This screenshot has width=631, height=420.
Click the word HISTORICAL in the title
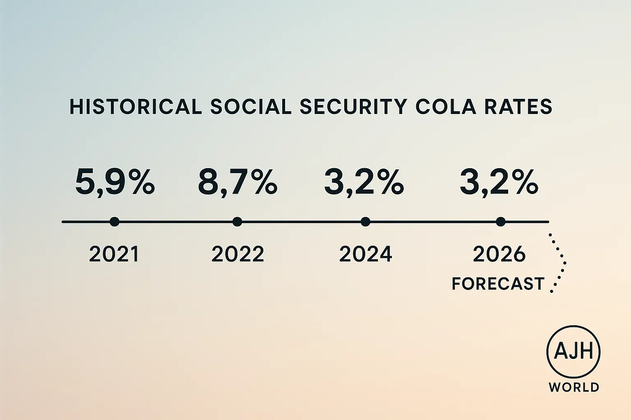136,107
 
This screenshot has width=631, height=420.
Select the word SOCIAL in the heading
251,107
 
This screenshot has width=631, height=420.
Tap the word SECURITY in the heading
353,107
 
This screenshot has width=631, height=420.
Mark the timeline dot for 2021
115,222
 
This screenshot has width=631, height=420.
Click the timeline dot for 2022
237,222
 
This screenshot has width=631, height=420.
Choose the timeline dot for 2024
365,222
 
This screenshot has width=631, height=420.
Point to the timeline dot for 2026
500,222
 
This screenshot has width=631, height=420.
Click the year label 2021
114,254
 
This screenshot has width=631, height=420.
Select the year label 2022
237,254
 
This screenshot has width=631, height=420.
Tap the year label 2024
366,254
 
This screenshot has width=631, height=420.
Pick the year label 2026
499,254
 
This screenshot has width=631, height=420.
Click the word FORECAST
498,284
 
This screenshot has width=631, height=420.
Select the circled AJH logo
573,352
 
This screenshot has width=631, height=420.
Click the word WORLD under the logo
574,387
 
